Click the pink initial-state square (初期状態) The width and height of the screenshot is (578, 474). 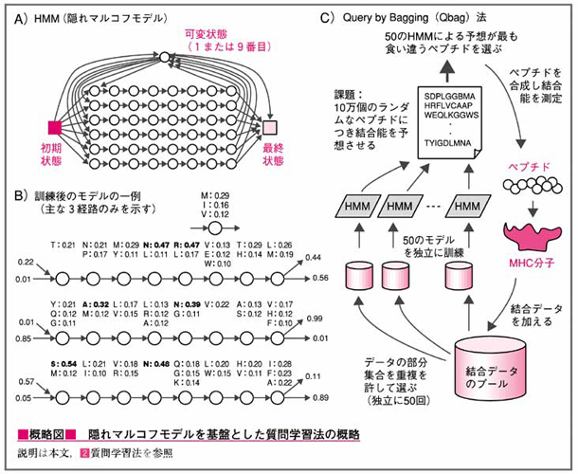point(54,127)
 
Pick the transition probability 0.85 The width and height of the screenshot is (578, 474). point(23,339)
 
